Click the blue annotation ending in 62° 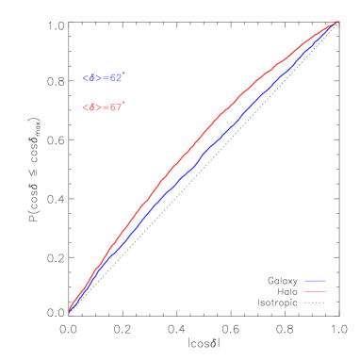[103, 78]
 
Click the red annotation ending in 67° [103, 107]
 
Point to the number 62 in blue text [115, 78]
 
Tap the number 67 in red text [115, 107]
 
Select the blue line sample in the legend [315, 281]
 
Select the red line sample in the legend [315, 291]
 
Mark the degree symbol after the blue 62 [123, 74]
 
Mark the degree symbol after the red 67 [123, 103]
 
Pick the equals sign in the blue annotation [106, 78]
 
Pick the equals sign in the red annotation [106, 107]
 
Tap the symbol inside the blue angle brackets [92, 78]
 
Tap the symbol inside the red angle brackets [92, 107]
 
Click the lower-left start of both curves [70, 310]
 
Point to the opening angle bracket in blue [85, 78]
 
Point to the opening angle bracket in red [85, 107]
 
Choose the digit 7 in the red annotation [118, 107]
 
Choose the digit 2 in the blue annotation [118, 78]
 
